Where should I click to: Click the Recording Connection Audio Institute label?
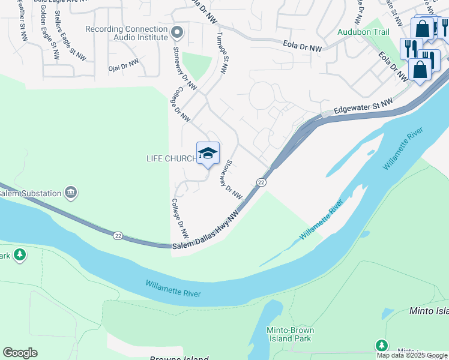click(x=126, y=33)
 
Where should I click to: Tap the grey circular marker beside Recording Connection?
click(x=176, y=31)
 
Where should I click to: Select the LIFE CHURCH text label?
click(x=171, y=158)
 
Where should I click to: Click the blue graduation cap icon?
click(x=208, y=154)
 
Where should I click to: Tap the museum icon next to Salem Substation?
click(x=71, y=193)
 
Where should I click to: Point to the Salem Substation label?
click(x=30, y=193)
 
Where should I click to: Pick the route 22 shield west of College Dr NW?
click(x=118, y=236)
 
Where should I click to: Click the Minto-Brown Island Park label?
click(x=290, y=334)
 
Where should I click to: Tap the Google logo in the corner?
click(x=20, y=353)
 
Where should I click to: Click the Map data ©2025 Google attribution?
click(x=412, y=355)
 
